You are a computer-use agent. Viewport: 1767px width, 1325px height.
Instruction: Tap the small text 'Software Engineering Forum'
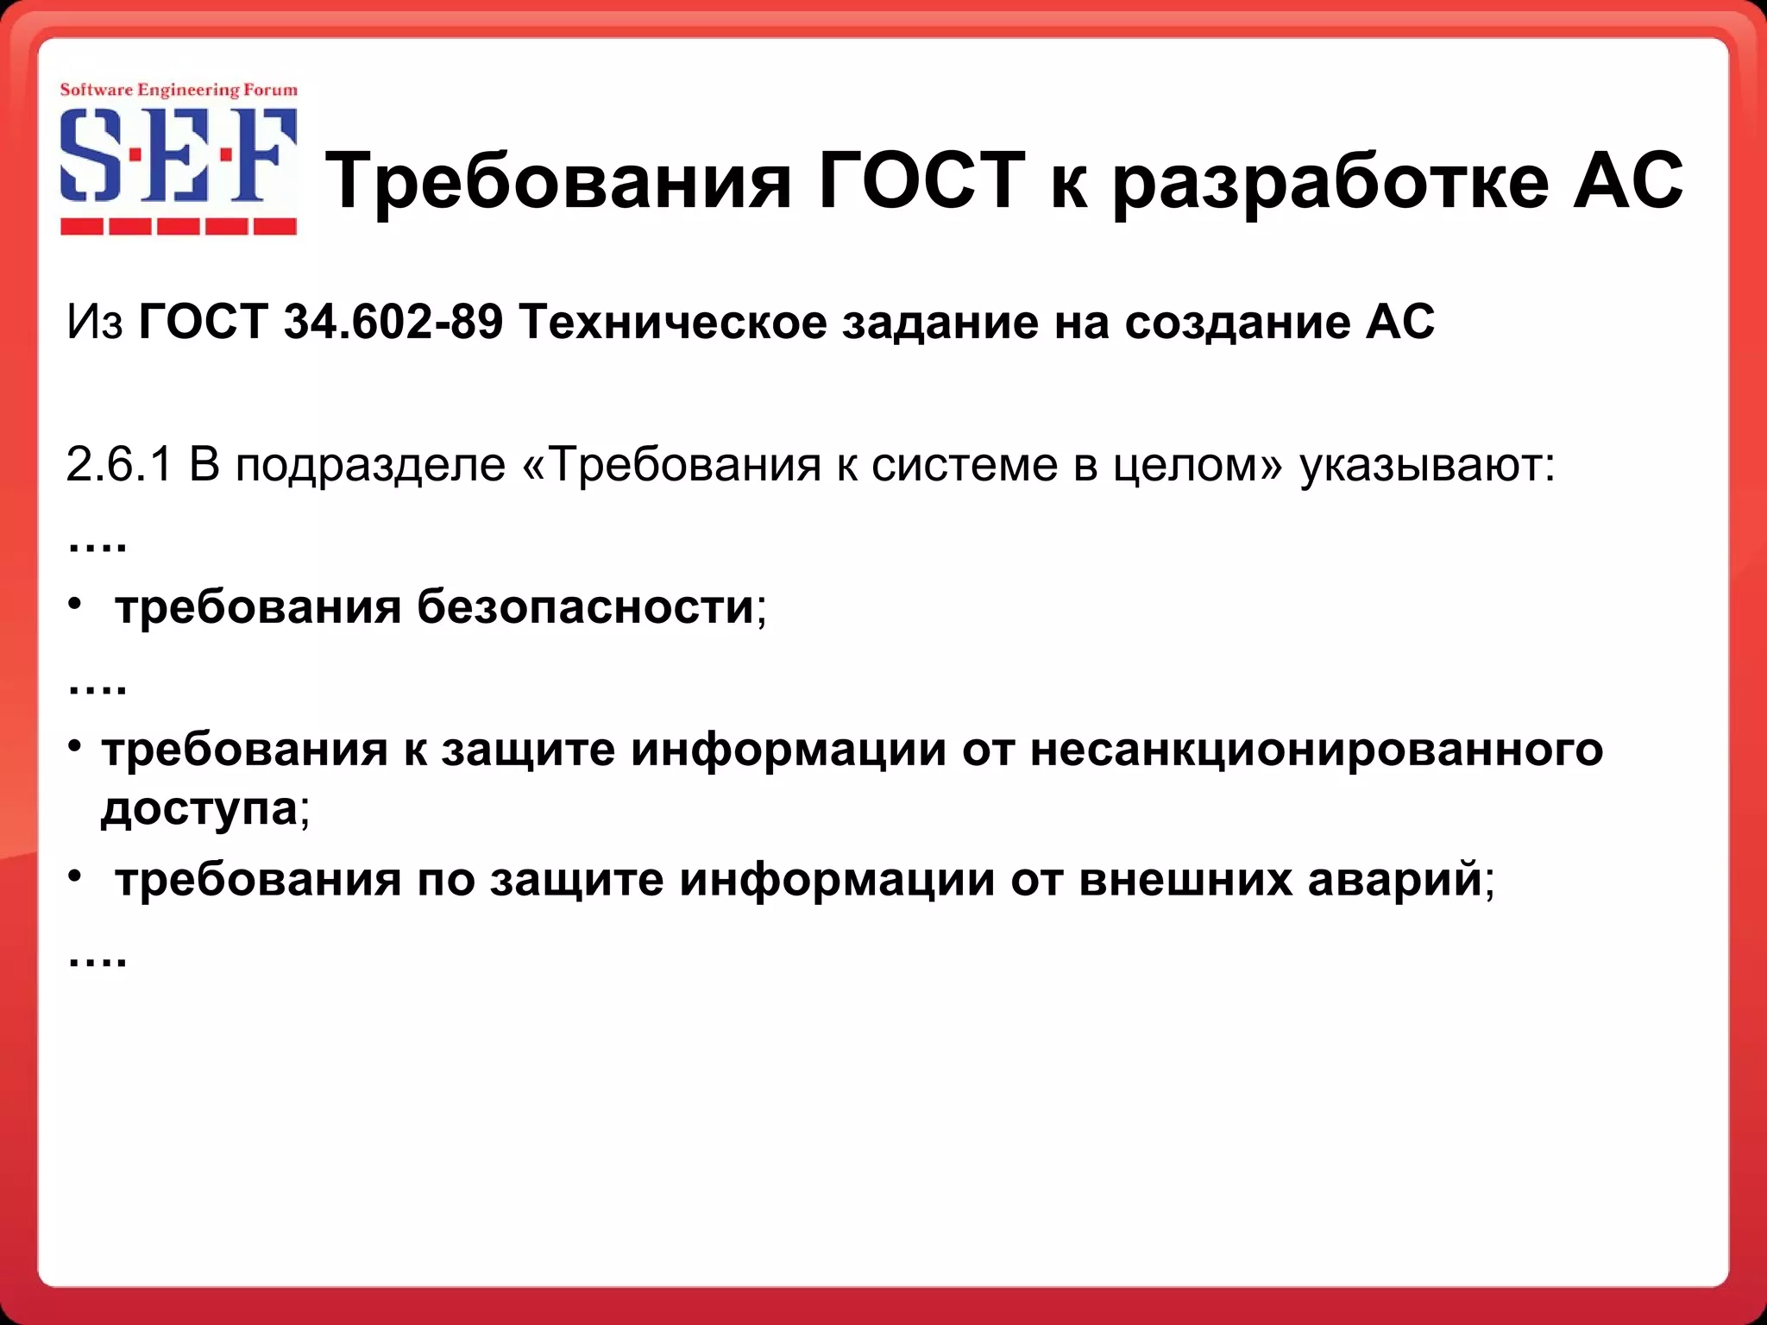pyautogui.click(x=179, y=90)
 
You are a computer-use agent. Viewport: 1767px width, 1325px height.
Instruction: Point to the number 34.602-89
pyautogui.click(x=393, y=322)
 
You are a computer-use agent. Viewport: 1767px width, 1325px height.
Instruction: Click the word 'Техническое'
pyautogui.click(x=672, y=322)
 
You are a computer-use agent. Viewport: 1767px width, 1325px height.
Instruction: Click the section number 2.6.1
pyautogui.click(x=119, y=465)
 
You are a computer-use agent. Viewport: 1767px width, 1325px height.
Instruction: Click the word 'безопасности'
pyautogui.click(x=586, y=606)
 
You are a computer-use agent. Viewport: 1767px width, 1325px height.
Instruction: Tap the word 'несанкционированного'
pyautogui.click(x=1316, y=749)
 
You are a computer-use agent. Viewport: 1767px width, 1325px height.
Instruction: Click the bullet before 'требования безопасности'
pyautogui.click(x=76, y=605)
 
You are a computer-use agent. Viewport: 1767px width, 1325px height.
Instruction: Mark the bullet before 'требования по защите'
pyautogui.click(x=76, y=876)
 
